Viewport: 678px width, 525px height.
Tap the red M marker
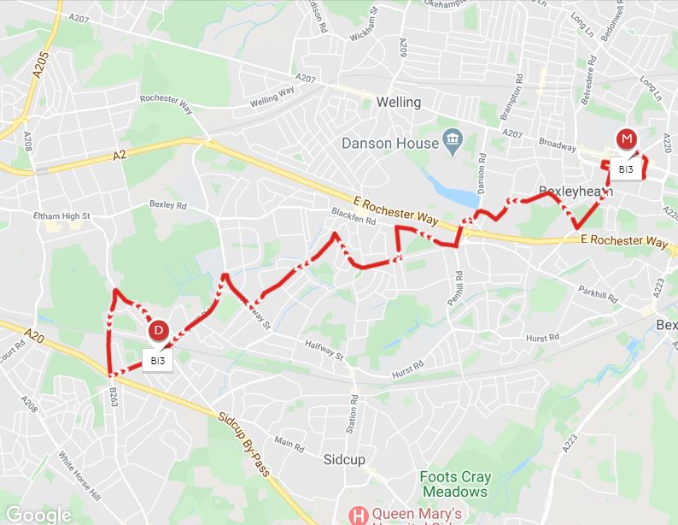(628, 139)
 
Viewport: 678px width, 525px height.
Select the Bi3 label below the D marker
(157, 361)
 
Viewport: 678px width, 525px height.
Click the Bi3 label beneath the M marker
(626, 169)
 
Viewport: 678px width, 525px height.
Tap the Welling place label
(399, 102)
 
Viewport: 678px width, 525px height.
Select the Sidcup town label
(345, 459)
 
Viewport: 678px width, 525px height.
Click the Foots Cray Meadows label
(453, 484)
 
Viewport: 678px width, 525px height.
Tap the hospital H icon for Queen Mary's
(360, 515)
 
